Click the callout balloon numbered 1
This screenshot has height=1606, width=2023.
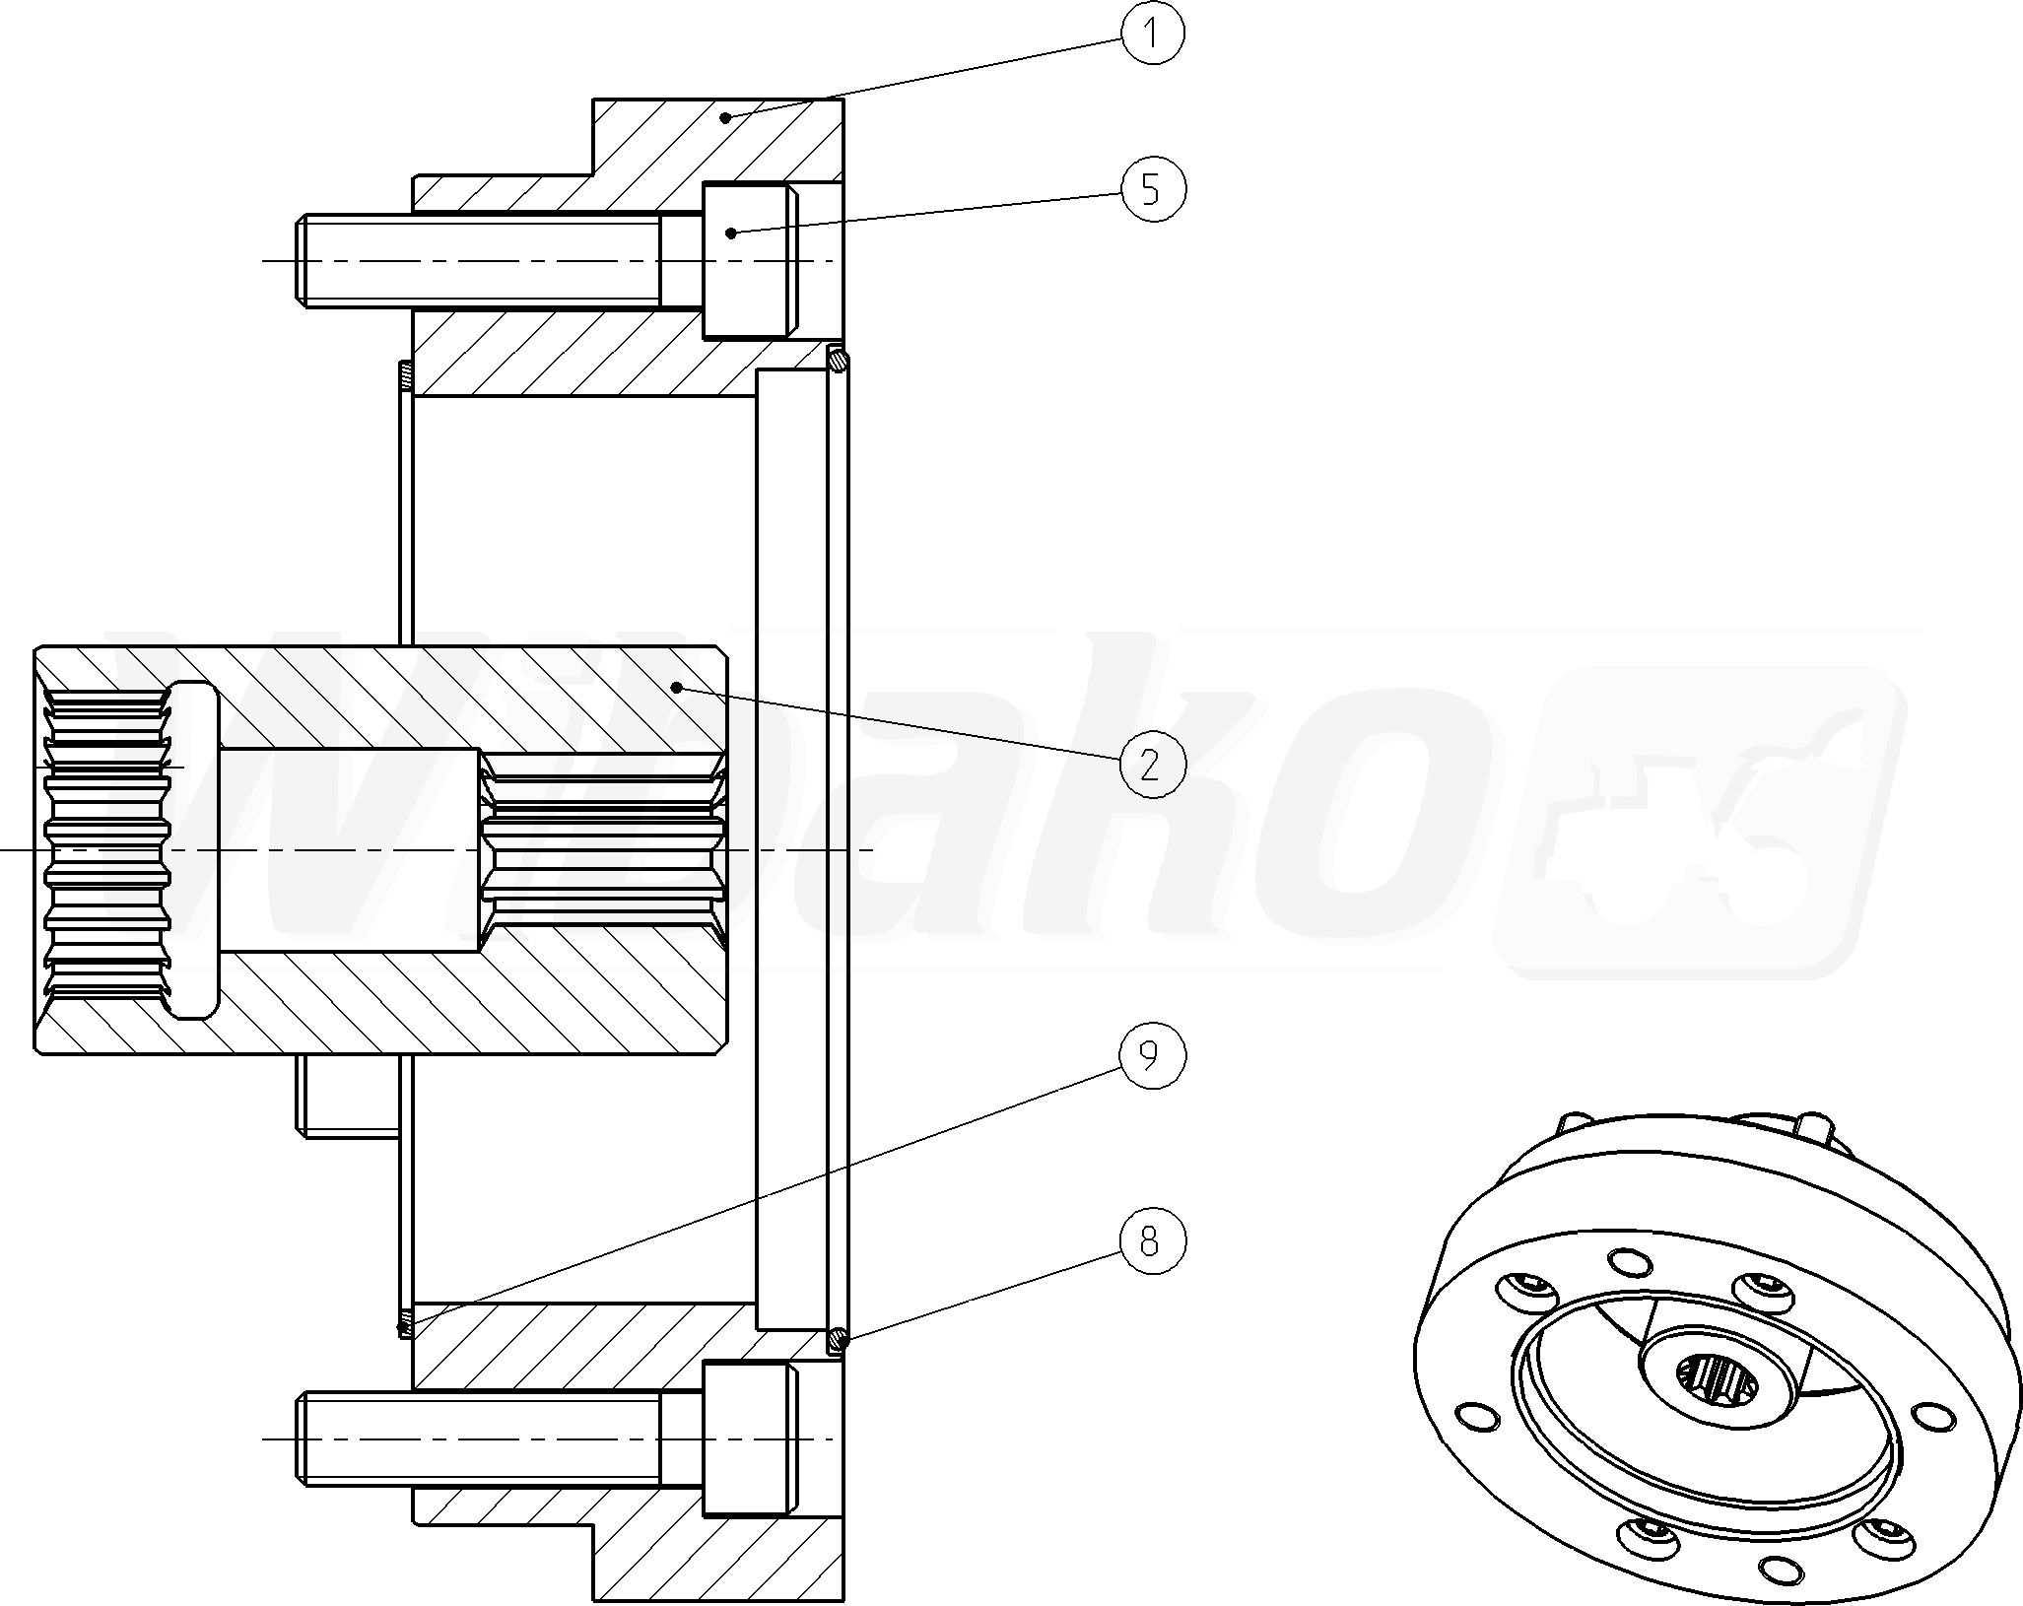click(x=1153, y=33)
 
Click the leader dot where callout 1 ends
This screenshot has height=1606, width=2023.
click(x=725, y=117)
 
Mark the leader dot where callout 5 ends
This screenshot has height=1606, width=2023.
click(x=730, y=233)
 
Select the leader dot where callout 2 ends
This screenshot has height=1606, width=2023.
click(x=676, y=686)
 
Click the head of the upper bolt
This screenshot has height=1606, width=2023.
click(x=750, y=260)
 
